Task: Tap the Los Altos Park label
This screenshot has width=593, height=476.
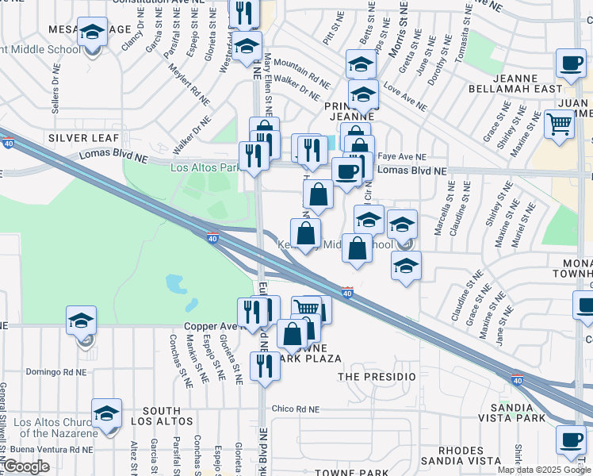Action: pyautogui.click(x=204, y=167)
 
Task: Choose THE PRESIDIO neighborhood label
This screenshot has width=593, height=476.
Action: pyautogui.click(x=377, y=375)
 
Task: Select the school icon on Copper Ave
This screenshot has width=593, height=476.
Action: pyautogui.click(x=81, y=321)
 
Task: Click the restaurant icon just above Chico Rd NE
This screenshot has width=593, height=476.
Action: pyautogui.click(x=262, y=366)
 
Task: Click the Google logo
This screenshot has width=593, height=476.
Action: pyautogui.click(x=25, y=467)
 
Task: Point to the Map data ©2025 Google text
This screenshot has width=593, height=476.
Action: pyautogui.click(x=543, y=470)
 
